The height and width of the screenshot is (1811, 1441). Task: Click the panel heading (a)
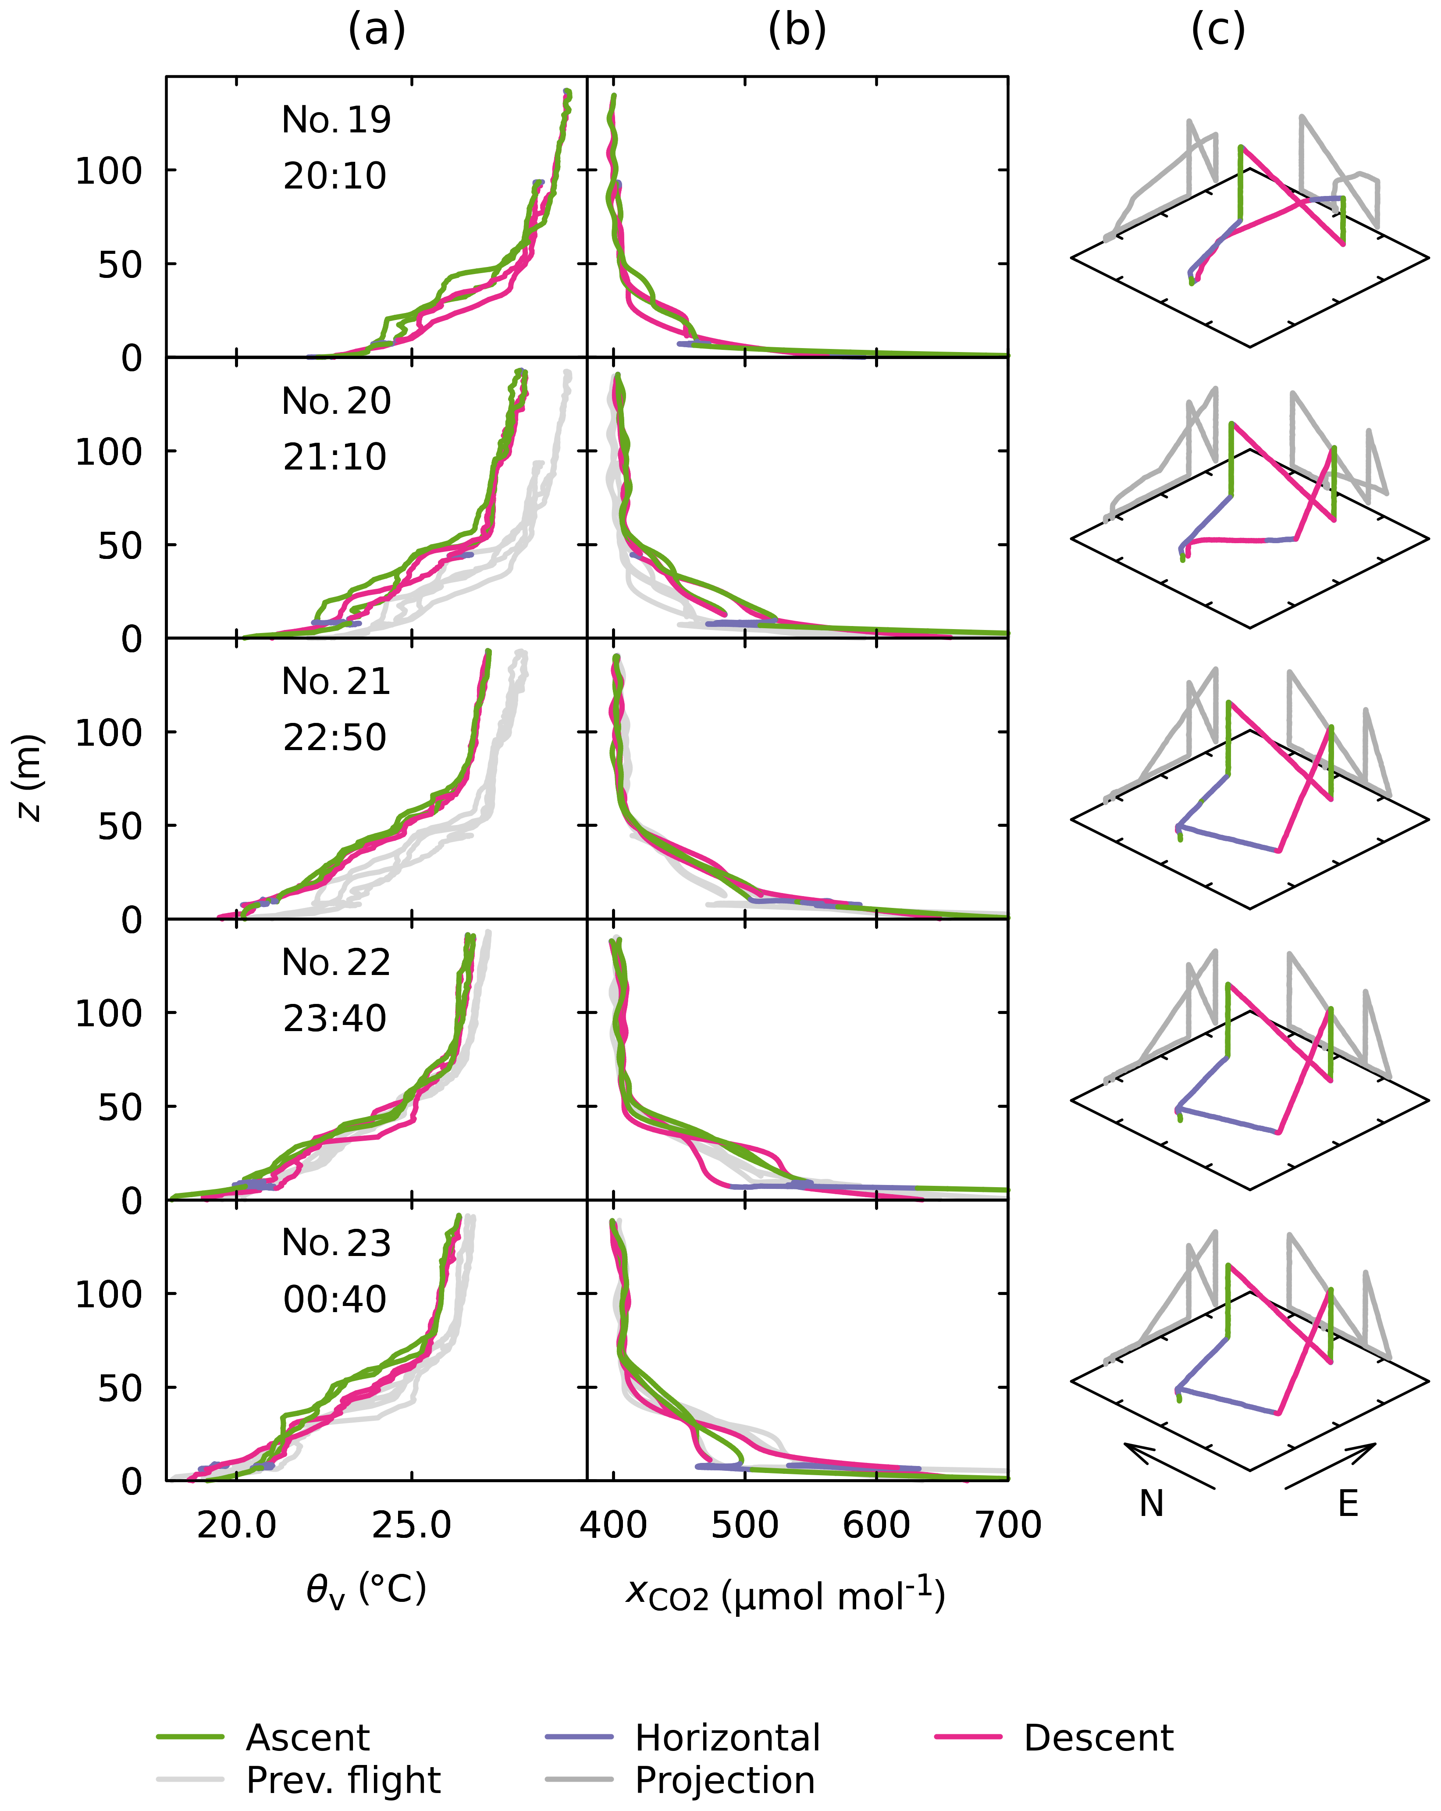376,31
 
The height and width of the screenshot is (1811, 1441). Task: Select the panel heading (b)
796,31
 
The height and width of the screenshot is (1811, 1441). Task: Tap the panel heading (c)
1217,31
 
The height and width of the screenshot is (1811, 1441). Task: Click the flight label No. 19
336,120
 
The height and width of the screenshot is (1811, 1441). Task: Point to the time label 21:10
334,457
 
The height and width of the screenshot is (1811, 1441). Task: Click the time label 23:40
334,1018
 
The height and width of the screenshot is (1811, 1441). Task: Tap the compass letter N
1151,1504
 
